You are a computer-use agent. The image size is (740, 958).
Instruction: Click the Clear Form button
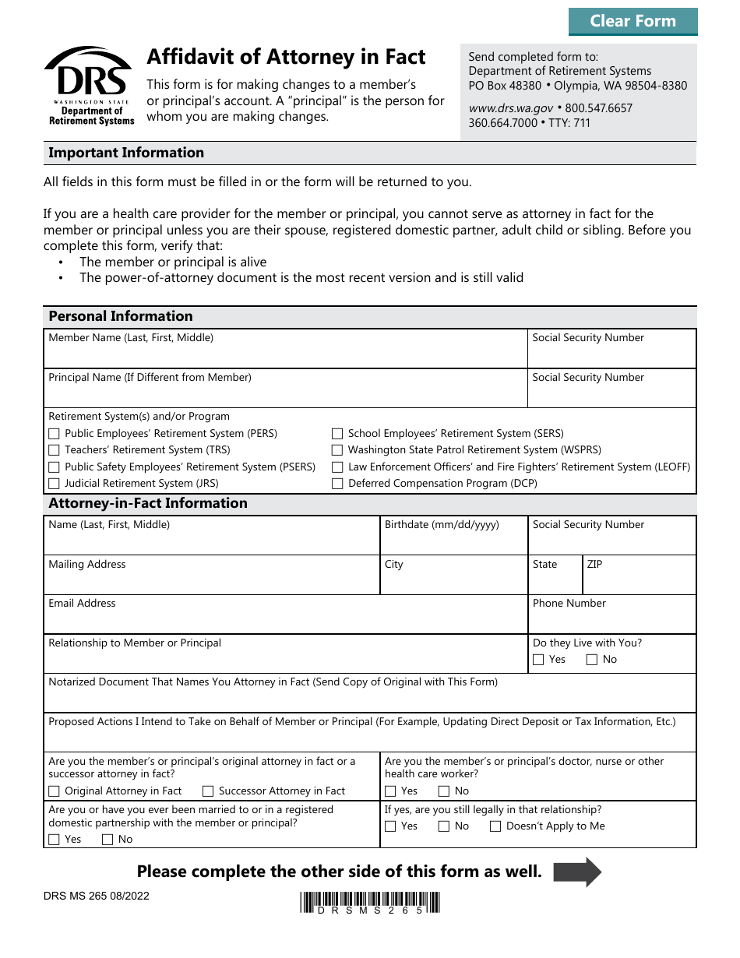pyautogui.click(x=633, y=21)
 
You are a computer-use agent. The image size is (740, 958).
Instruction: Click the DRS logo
pyautogui.click(x=89, y=85)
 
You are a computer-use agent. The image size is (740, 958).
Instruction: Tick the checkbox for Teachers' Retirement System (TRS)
pyautogui.click(x=54, y=450)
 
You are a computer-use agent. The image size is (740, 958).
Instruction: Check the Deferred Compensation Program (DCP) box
pyautogui.click(x=337, y=484)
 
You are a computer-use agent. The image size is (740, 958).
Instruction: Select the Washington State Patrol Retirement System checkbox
pyautogui.click(x=337, y=450)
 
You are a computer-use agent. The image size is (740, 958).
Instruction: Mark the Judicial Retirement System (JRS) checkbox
pyautogui.click(x=54, y=484)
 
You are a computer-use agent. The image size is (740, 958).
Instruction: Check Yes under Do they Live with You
pyautogui.click(x=538, y=660)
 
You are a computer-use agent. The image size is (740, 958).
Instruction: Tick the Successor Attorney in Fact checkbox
pyautogui.click(x=208, y=791)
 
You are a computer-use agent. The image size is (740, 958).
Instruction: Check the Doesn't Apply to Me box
pyautogui.click(x=495, y=826)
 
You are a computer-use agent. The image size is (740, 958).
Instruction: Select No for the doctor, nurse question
pyautogui.click(x=444, y=791)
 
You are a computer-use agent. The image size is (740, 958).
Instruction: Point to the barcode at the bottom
pyautogui.click(x=370, y=902)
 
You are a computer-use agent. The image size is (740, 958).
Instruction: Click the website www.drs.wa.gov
pyautogui.click(x=511, y=108)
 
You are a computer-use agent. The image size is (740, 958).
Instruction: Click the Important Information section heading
pyautogui.click(x=126, y=153)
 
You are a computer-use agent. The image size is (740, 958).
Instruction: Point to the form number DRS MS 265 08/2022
pyautogui.click(x=97, y=896)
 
